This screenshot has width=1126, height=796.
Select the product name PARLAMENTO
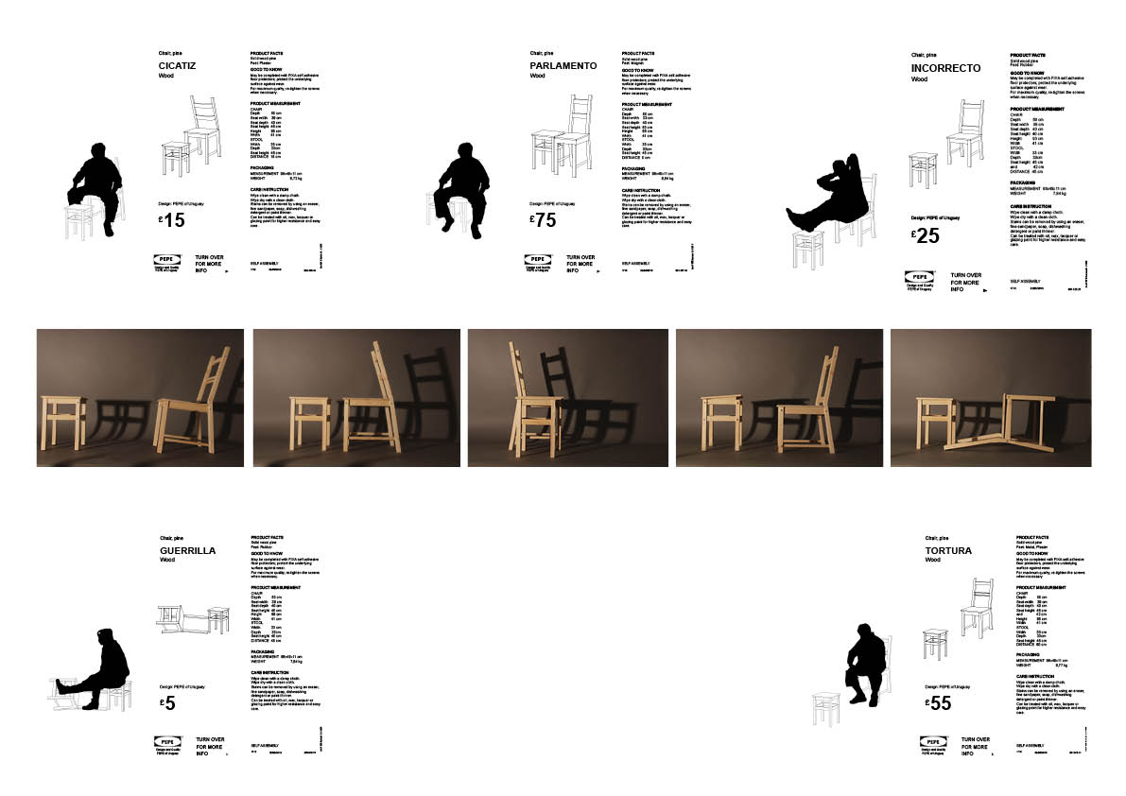click(563, 66)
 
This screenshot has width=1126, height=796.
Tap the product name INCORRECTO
click(946, 68)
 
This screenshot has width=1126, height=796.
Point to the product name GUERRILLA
click(188, 550)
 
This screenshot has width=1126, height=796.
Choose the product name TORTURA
click(948, 550)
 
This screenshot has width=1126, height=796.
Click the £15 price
click(172, 221)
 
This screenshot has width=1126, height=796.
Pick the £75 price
click(543, 221)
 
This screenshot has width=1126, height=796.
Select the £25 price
click(926, 236)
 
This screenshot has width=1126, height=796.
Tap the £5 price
click(168, 703)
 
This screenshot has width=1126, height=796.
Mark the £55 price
click(939, 703)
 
